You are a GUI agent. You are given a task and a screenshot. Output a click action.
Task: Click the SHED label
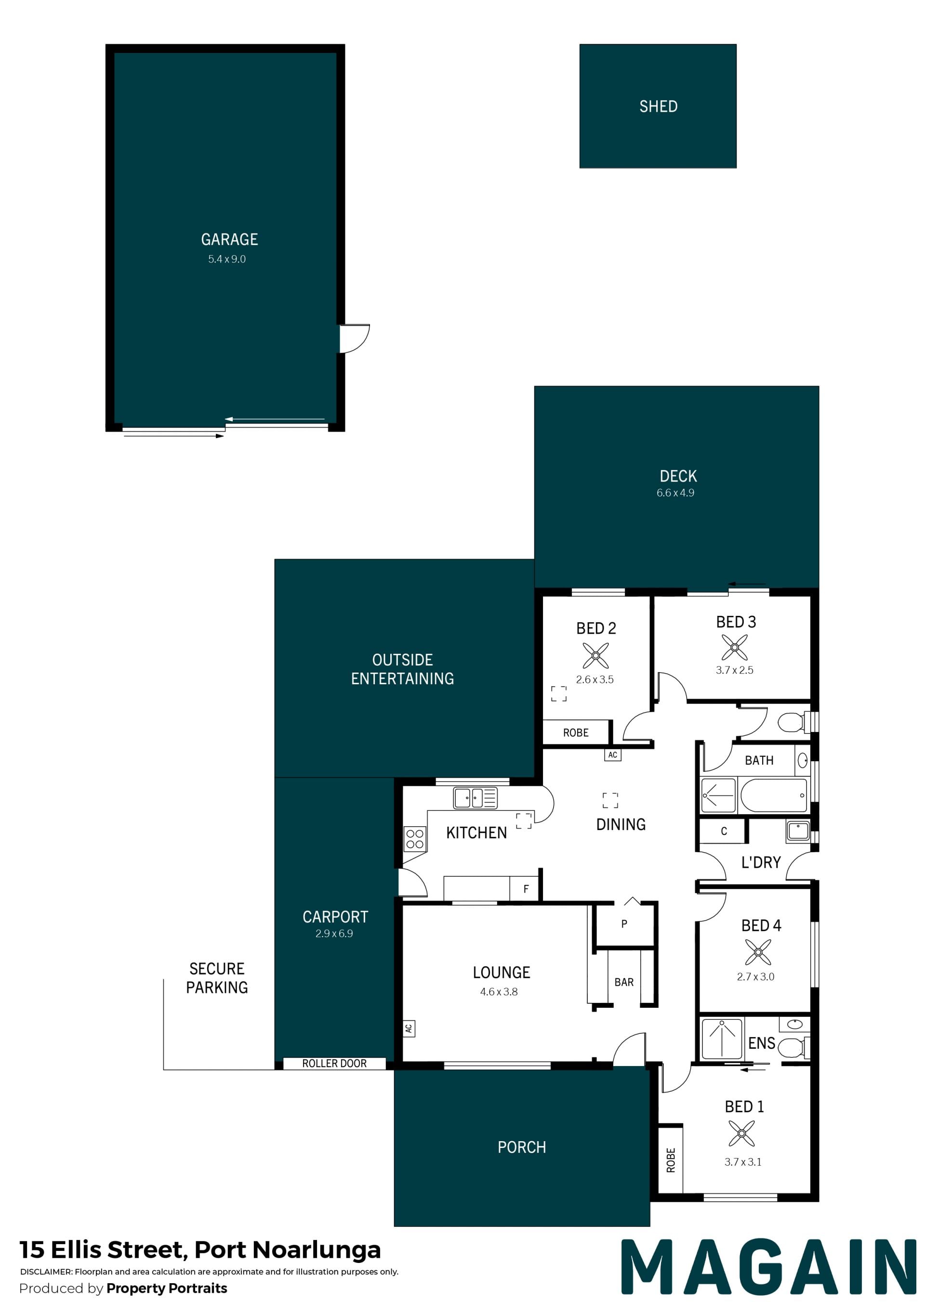click(658, 106)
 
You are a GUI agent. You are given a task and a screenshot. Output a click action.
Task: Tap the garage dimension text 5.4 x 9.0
click(227, 259)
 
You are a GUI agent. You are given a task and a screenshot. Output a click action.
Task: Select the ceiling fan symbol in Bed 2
click(596, 655)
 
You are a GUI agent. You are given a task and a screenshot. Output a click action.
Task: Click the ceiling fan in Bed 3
click(735, 647)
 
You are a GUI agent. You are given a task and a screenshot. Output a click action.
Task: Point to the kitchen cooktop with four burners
click(415, 839)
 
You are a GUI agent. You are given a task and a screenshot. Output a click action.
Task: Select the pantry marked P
click(624, 924)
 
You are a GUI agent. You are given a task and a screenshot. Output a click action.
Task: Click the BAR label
click(624, 982)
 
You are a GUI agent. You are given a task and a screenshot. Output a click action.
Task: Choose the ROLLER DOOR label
click(334, 1064)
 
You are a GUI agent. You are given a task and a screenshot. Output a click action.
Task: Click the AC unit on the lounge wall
click(409, 1028)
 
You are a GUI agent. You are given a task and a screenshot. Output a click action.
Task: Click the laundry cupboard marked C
click(723, 831)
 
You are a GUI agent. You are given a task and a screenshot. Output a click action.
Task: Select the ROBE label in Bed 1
click(671, 1160)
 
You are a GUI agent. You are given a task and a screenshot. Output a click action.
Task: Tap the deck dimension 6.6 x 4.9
click(675, 493)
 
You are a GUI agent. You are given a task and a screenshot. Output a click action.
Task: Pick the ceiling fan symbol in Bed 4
click(758, 952)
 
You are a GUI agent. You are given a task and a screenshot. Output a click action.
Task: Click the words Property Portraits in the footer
click(167, 1289)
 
